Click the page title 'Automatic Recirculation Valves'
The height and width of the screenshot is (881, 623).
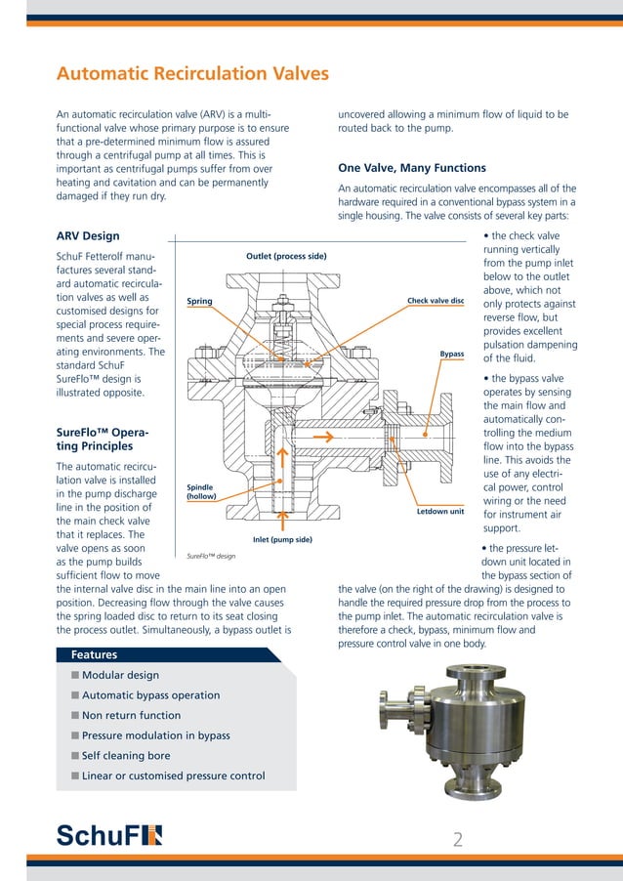coord(192,74)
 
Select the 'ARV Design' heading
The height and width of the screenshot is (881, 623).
coord(88,236)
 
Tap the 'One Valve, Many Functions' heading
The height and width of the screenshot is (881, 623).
coord(411,168)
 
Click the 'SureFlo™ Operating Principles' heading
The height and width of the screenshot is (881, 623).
coord(102,439)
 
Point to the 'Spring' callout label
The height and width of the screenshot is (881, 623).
coord(199,302)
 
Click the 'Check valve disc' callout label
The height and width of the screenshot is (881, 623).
coord(435,301)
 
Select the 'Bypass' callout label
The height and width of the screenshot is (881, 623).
coord(451,354)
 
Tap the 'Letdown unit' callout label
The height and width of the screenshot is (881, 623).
coord(439,511)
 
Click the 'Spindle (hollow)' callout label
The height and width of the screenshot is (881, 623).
coord(200,491)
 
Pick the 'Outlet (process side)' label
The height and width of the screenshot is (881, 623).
coord(286,256)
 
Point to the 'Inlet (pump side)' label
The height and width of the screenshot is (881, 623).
coord(282,539)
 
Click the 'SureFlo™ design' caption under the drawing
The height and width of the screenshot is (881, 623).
coord(211,556)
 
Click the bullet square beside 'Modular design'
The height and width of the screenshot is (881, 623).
coord(74,676)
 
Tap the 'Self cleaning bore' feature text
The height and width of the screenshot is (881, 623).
coord(126,756)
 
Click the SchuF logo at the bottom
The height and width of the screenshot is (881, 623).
coord(109,834)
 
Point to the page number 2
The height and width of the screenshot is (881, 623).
coord(459,838)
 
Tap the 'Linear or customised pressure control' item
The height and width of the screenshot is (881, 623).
coord(173,776)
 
